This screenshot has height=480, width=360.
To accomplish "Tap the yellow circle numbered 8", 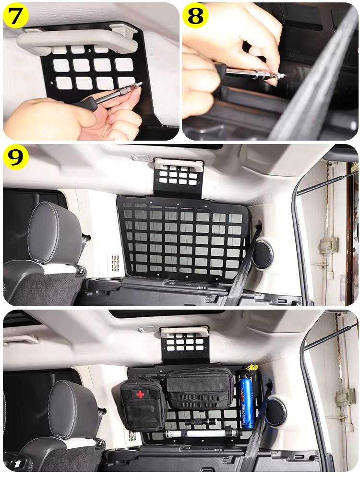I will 195,16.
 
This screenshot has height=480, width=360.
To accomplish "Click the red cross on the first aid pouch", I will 140,394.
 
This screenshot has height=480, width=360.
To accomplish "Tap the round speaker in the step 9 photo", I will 263,255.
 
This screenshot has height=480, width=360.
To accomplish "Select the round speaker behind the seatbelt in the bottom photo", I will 275,411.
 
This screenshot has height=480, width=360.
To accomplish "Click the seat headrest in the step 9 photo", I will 54,233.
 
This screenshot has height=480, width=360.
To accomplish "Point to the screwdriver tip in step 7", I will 140,85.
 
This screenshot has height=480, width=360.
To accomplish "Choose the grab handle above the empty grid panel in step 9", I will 178,165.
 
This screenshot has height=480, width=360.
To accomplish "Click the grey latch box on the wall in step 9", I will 328,245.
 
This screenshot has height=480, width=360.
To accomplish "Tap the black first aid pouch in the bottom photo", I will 143,405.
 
